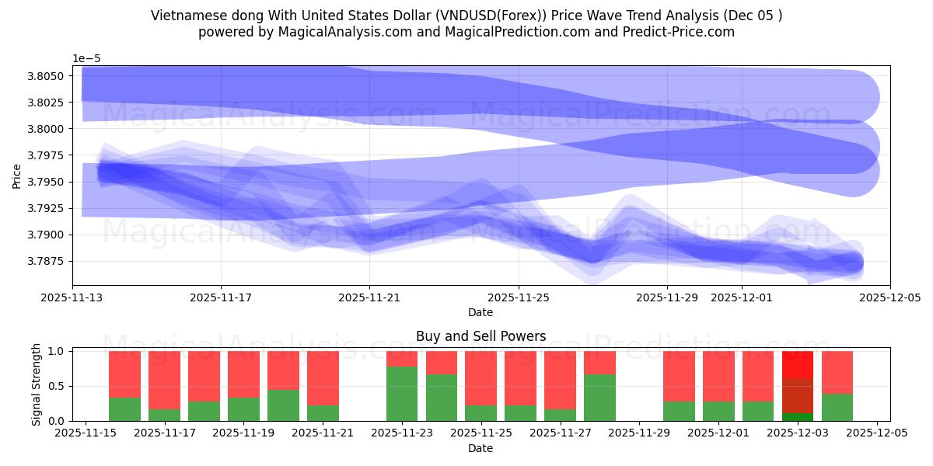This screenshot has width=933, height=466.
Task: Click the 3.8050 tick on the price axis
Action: (x=47, y=76)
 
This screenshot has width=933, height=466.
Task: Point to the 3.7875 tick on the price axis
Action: (x=47, y=261)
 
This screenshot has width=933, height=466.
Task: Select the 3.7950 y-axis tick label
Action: (x=47, y=182)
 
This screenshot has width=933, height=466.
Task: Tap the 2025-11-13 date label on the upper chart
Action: (x=72, y=297)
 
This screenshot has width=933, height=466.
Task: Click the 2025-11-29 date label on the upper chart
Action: (x=666, y=297)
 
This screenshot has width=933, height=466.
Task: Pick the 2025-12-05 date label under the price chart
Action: (x=889, y=297)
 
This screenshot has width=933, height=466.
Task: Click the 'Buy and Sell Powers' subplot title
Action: (x=480, y=336)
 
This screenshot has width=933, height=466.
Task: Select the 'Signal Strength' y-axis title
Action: (x=37, y=385)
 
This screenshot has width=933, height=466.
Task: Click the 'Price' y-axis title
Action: (x=17, y=176)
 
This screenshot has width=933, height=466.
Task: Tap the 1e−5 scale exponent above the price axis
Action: (x=86, y=59)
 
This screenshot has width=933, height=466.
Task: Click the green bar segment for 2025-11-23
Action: (x=402, y=394)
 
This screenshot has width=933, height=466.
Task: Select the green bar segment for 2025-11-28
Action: (x=599, y=398)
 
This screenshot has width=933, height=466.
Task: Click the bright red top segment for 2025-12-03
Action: (x=798, y=364)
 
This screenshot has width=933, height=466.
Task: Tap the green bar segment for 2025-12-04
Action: (x=837, y=407)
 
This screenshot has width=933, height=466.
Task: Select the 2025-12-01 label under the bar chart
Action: (x=718, y=433)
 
